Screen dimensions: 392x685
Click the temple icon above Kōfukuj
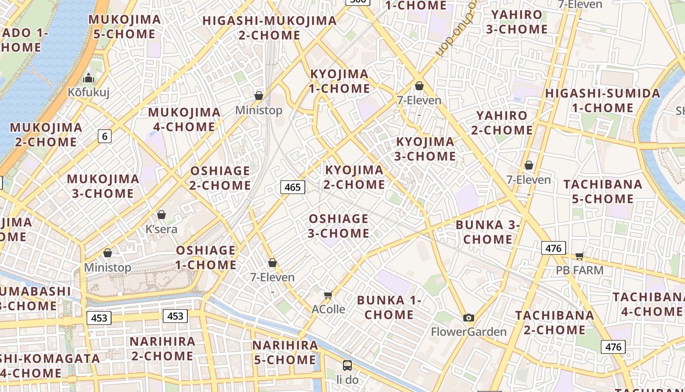click(x=88, y=78)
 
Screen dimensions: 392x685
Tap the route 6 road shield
click(x=104, y=136)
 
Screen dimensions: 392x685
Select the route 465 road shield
click(x=293, y=187)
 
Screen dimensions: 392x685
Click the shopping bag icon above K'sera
click(x=161, y=215)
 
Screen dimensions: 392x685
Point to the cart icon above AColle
click(x=328, y=294)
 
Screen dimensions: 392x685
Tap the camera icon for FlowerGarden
click(x=468, y=318)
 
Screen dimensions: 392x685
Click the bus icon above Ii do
click(x=347, y=365)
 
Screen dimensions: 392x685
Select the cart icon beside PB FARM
click(x=580, y=255)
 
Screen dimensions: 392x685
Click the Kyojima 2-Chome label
click(x=354, y=177)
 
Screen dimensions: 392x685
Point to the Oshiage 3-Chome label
click(x=339, y=226)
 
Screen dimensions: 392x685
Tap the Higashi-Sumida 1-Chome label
click(x=603, y=100)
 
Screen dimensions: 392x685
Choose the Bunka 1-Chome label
click(x=389, y=307)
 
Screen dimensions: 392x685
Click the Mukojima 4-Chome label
click(x=184, y=120)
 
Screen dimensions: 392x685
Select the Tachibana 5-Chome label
click(x=603, y=192)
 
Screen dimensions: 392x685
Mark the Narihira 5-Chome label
click(x=285, y=352)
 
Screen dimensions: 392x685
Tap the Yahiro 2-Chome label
click(x=502, y=123)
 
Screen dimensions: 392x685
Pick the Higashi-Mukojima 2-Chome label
click(x=270, y=28)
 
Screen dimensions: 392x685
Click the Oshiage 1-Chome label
click(x=206, y=258)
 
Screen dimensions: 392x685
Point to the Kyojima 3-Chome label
click(x=425, y=149)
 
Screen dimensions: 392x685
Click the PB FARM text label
click(x=580, y=270)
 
